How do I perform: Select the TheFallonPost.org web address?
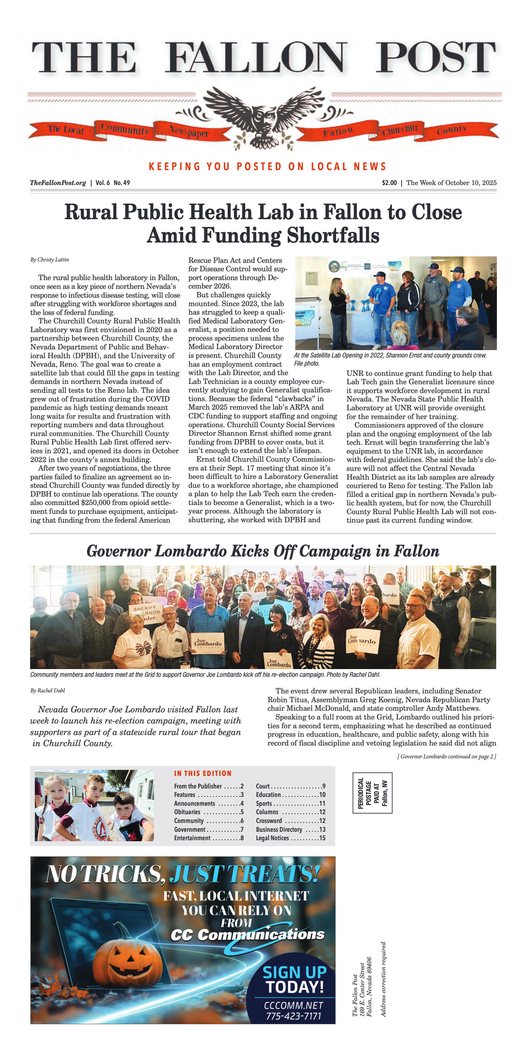tap(58, 183)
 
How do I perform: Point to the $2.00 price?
tap(389, 183)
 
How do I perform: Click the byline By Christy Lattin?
tap(49, 260)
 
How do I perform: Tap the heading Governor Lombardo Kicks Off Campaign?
tap(263, 551)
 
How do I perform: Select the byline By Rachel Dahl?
tap(47, 691)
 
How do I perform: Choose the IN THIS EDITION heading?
tap(203, 773)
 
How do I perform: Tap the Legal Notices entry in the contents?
tap(290, 838)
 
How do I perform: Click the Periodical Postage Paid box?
tap(372, 793)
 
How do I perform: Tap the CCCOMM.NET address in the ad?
tap(293, 1005)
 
